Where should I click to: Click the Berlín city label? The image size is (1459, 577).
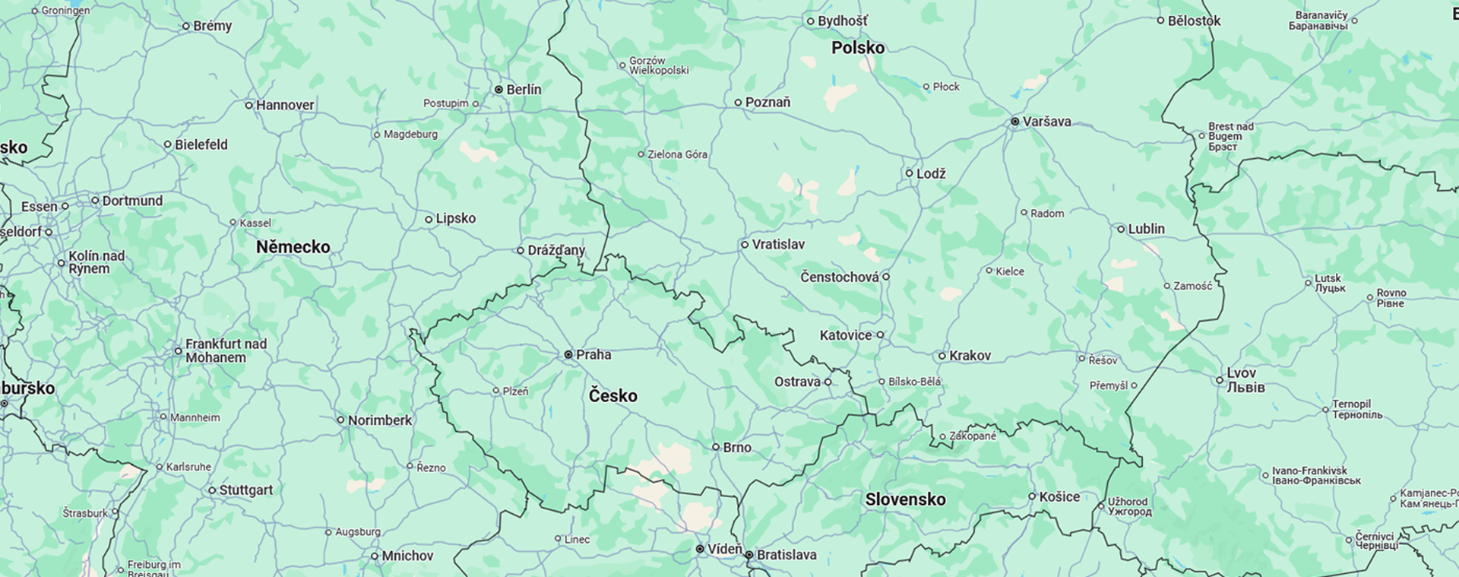pyautogui.click(x=524, y=90)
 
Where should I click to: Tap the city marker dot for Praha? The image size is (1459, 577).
pyautogui.click(x=568, y=355)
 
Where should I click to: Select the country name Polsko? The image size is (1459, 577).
pyautogui.click(x=858, y=48)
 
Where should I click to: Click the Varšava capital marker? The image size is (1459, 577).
pyautogui.click(x=1014, y=122)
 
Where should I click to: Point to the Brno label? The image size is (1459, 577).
pyautogui.click(x=737, y=448)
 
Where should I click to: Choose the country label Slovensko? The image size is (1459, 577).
pyautogui.click(x=905, y=499)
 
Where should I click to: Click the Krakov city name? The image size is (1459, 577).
pyautogui.click(x=970, y=356)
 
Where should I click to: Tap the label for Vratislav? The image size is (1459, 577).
pyautogui.click(x=777, y=245)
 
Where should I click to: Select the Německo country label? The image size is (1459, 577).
pyautogui.click(x=293, y=247)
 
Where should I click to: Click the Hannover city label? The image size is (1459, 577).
pyautogui.click(x=284, y=106)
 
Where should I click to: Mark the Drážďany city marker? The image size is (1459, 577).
pyautogui.click(x=521, y=250)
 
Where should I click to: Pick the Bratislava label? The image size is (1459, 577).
pyautogui.click(x=786, y=555)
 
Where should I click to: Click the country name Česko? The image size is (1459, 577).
pyautogui.click(x=612, y=395)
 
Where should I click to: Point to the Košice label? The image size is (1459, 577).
pyautogui.click(x=1059, y=496)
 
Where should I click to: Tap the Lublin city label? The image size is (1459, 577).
pyautogui.click(x=1146, y=229)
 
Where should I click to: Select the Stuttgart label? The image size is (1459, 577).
pyautogui.click(x=245, y=490)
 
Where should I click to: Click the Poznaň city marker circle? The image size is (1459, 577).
pyautogui.click(x=738, y=103)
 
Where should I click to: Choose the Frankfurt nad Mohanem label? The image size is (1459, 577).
pyautogui.click(x=226, y=350)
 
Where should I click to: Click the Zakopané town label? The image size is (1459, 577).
pyautogui.click(x=973, y=436)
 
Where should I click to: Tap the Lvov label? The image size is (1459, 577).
pyautogui.click(x=1241, y=373)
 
